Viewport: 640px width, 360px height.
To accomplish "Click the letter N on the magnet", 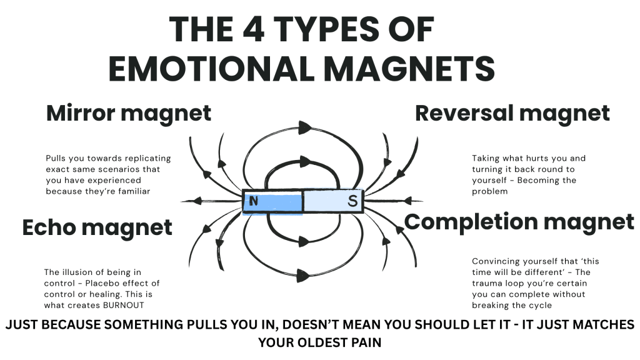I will pos(253,201).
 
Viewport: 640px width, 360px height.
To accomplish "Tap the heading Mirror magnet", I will pos(129,113).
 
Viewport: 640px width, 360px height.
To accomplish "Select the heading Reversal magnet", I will pos(512,113).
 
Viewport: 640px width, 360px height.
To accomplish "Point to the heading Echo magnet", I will pos(97,227).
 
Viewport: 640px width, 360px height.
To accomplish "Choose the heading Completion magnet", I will pos(519,221).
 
